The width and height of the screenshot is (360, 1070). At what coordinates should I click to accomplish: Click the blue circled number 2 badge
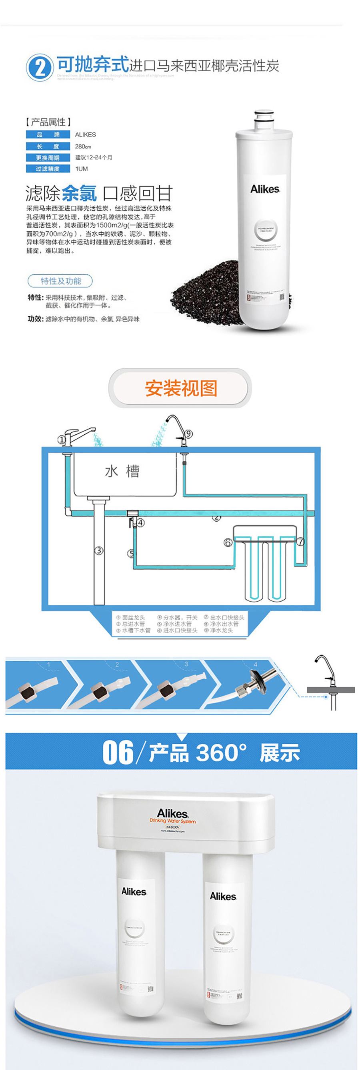(40, 67)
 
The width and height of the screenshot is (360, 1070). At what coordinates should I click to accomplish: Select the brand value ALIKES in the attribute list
(85, 135)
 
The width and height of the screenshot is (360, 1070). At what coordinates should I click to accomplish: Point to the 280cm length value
(83, 146)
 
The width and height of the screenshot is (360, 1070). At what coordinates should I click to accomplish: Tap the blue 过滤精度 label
(48, 169)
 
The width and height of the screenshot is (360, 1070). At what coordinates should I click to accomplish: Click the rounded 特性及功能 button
(60, 281)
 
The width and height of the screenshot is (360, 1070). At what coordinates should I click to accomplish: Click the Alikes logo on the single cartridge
(265, 189)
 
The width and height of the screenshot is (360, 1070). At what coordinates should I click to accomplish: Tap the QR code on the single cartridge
(282, 297)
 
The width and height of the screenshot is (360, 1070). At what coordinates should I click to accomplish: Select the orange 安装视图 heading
(181, 388)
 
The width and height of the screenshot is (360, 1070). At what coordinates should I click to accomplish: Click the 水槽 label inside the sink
(122, 472)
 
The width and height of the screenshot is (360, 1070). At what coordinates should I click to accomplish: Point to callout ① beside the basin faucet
(62, 440)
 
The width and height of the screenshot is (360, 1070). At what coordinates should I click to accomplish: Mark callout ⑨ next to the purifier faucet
(189, 434)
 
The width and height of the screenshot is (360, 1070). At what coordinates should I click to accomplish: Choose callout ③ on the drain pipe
(99, 551)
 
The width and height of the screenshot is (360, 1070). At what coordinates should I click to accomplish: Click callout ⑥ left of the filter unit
(228, 542)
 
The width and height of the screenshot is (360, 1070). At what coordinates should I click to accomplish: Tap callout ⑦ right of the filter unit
(301, 542)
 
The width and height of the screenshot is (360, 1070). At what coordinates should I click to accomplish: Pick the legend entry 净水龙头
(221, 630)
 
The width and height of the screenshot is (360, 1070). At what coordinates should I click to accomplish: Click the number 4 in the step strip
(255, 664)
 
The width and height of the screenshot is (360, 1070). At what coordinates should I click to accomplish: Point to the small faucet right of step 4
(326, 677)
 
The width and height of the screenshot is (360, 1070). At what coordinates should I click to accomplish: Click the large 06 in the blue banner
(118, 752)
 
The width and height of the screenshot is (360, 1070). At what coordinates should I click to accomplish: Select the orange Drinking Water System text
(172, 821)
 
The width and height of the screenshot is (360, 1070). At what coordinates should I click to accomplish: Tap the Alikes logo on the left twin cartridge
(134, 891)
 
